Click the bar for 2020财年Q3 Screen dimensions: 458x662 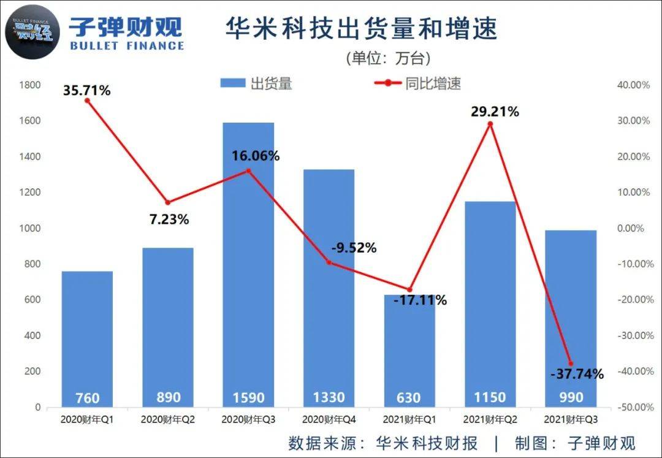click(248, 264)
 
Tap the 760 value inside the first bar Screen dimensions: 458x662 click(87, 397)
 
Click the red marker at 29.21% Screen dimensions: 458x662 click(490, 124)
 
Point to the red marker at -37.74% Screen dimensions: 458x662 click(571, 364)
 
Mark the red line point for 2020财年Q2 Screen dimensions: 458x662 click(168, 202)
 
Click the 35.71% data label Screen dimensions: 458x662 click(87, 91)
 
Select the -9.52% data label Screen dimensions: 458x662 click(354, 248)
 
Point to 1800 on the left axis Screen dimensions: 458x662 click(29, 85)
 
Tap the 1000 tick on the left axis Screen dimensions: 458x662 click(29, 228)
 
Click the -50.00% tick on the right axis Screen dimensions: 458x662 click(633, 407)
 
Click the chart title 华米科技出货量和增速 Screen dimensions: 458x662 click(362, 29)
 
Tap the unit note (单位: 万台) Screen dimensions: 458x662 click(389, 58)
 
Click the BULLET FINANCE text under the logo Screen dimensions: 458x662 click(127, 45)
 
